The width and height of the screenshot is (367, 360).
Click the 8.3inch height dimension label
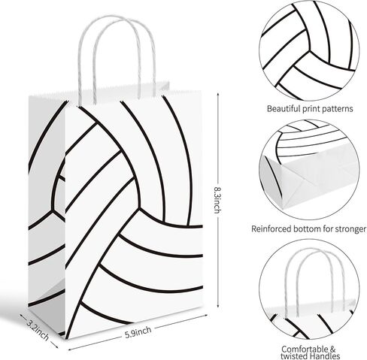coord(217,200)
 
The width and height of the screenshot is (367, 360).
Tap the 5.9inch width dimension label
coord(138,332)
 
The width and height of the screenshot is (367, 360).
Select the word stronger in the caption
coord(350,229)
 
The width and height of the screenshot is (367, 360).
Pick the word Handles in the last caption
coord(325,356)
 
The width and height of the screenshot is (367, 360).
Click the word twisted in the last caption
coord(294,356)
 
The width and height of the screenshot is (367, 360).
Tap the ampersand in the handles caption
coord(332,349)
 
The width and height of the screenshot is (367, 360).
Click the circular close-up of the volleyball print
coord(309,50)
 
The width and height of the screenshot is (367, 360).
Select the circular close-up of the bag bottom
coord(309,170)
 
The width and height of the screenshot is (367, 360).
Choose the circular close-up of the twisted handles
coord(309,289)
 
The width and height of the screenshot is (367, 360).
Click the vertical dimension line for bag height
coord(218,200)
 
